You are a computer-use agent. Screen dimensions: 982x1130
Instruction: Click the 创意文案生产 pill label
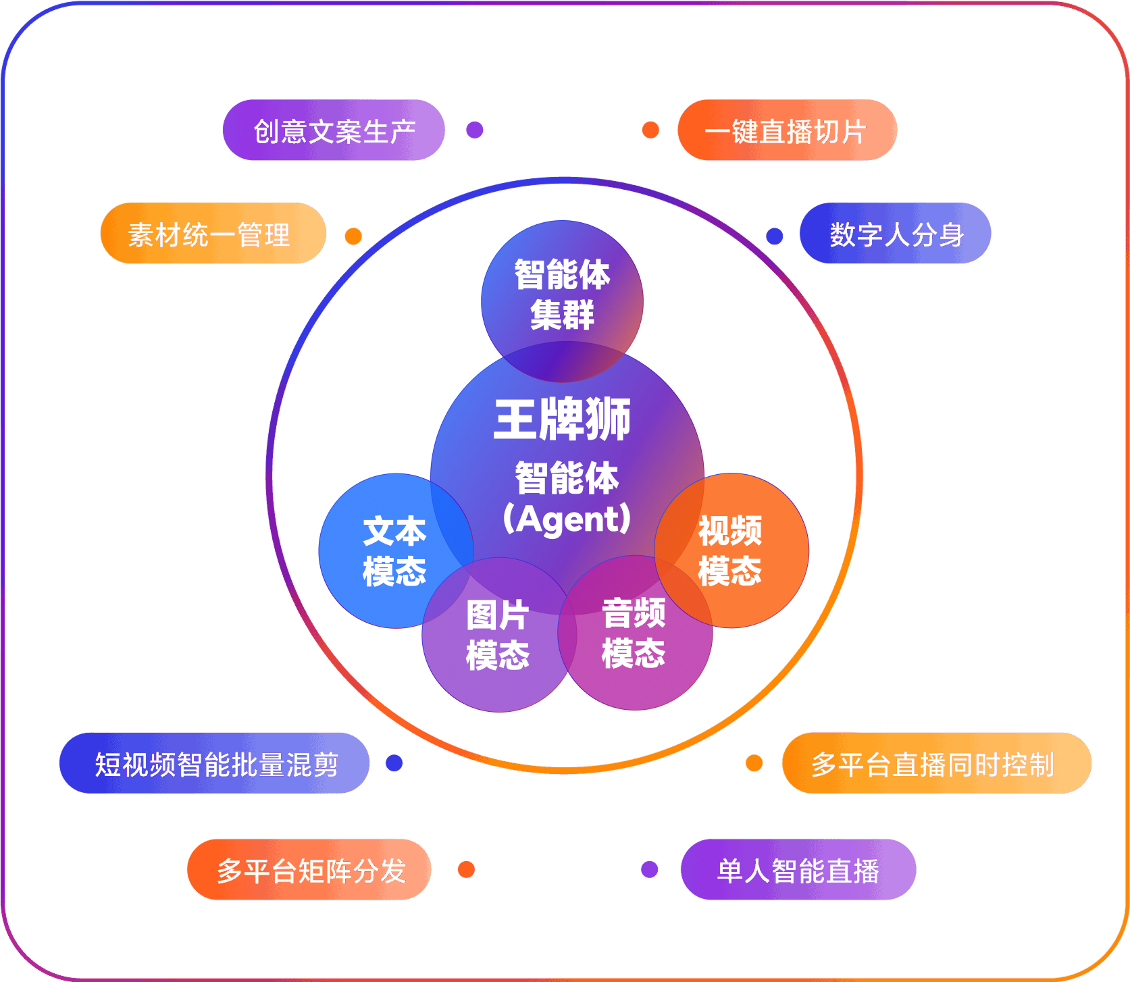[334, 130]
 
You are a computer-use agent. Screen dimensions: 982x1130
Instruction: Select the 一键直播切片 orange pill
[787, 130]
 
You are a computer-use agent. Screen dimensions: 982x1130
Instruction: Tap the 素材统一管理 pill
[213, 234]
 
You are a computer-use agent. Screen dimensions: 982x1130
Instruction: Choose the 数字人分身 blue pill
[895, 234]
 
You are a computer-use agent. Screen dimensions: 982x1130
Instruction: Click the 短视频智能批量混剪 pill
[215, 763]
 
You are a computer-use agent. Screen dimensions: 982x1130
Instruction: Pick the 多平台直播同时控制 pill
[936, 763]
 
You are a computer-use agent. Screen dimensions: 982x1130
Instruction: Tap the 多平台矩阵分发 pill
[309, 870]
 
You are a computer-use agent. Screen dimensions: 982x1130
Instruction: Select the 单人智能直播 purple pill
[798, 870]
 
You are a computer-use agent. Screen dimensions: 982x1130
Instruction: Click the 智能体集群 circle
[562, 294]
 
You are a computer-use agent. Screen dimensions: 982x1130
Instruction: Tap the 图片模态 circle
[497, 635]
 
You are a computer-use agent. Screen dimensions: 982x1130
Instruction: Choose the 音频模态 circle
[634, 633]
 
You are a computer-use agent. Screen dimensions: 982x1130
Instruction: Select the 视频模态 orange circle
[731, 550]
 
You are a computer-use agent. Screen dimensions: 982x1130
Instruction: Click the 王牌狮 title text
[562, 420]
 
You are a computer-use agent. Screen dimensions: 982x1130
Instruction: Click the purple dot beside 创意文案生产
[475, 130]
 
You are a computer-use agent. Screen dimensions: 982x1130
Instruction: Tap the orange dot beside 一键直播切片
[650, 130]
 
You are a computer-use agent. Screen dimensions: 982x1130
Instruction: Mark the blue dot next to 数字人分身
[775, 236]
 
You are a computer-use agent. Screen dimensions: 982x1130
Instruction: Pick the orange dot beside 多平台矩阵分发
[466, 869]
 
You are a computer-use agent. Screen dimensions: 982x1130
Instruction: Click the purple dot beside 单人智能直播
[650, 869]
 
